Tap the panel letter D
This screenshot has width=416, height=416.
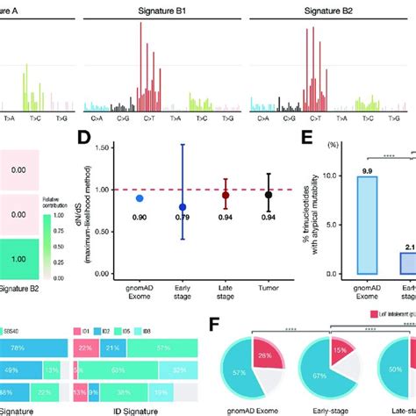[109, 138]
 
